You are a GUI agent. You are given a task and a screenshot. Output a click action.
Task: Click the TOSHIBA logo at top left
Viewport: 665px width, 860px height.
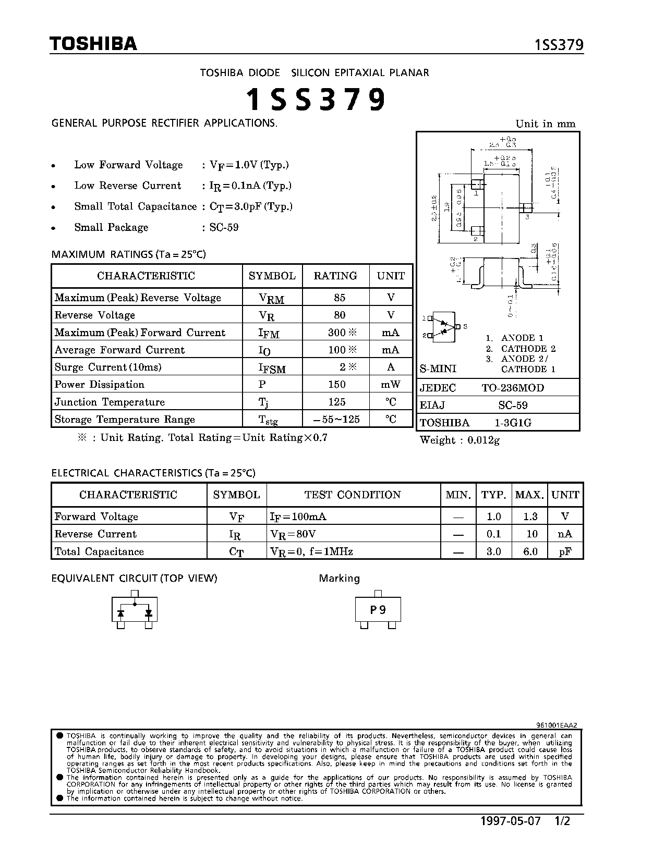click(x=93, y=44)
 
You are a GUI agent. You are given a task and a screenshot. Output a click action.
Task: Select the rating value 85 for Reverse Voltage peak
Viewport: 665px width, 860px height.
click(x=340, y=298)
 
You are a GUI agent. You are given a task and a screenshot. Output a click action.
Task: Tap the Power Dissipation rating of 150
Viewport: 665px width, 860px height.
click(x=337, y=385)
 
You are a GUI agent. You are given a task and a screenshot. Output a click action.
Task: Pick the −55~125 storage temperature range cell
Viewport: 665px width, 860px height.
click(x=336, y=420)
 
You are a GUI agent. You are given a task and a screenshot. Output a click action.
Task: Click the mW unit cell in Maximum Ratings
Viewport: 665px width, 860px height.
click(x=391, y=385)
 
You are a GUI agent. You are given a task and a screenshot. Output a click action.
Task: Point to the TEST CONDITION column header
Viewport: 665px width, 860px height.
click(x=353, y=495)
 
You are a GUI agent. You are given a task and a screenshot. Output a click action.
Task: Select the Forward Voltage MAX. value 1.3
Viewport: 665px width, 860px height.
click(x=530, y=517)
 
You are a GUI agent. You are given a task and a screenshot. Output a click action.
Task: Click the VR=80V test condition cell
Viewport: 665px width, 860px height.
click(x=293, y=534)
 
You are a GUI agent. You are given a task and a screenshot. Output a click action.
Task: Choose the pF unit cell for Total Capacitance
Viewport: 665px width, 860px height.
click(x=565, y=551)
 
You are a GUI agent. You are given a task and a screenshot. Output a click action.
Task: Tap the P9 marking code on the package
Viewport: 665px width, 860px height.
click(x=378, y=610)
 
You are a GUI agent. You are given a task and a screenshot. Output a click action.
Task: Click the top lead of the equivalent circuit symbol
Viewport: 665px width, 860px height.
click(x=135, y=594)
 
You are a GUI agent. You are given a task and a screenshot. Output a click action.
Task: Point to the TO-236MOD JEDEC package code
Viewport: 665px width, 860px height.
click(x=513, y=388)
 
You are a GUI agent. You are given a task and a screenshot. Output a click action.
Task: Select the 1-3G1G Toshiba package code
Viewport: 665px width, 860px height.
click(x=513, y=423)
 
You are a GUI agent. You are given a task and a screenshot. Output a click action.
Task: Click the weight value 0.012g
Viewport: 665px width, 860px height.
click(x=483, y=440)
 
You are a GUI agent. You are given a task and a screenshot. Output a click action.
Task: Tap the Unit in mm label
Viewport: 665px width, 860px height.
click(x=545, y=124)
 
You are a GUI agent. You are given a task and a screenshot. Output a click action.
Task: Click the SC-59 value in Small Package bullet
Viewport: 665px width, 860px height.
click(x=224, y=227)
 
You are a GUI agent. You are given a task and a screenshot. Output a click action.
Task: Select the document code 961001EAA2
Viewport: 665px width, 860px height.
click(x=557, y=724)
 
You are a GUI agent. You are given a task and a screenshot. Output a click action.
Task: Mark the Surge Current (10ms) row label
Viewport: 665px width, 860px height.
click(x=108, y=367)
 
